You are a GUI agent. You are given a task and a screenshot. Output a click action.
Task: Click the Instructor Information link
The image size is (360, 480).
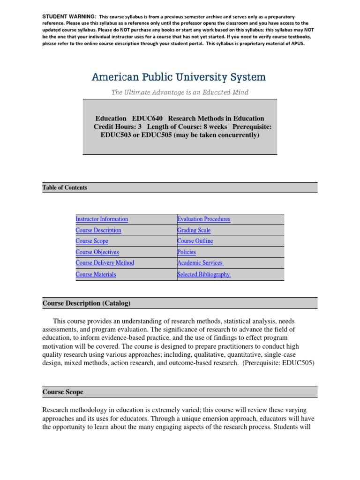(102, 219)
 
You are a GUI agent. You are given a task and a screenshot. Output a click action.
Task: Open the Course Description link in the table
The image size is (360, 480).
(98, 230)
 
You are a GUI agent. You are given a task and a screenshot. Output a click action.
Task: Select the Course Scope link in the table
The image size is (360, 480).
(92, 241)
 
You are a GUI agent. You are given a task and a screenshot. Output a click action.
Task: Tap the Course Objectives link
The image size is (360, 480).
(97, 252)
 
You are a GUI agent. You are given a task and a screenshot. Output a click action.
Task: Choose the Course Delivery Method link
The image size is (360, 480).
(105, 263)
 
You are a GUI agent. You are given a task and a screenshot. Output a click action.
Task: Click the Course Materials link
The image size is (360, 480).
(96, 274)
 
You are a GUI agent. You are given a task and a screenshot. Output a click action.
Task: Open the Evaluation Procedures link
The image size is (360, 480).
(203, 219)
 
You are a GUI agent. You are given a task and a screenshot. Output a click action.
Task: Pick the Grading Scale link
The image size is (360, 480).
(194, 230)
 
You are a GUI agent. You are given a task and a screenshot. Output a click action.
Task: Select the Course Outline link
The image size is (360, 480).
(195, 241)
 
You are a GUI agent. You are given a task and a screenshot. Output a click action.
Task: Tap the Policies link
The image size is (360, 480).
(187, 252)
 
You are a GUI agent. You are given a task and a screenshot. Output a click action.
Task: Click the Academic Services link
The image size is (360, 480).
(200, 263)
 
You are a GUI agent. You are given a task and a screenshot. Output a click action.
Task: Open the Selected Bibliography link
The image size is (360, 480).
(204, 274)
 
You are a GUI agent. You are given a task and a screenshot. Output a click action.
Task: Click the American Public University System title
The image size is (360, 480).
(179, 77)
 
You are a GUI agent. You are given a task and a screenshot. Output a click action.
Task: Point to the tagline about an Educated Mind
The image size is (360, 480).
(180, 92)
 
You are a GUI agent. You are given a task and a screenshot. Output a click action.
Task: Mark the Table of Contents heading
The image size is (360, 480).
(65, 187)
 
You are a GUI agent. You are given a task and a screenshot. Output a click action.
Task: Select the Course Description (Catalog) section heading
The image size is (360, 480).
(86, 303)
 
